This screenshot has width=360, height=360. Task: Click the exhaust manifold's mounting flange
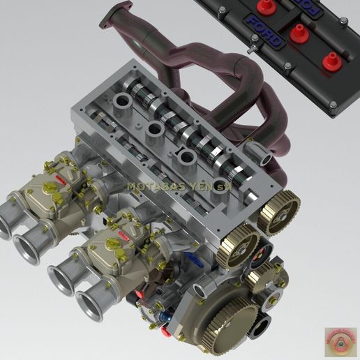tap(116, 15)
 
